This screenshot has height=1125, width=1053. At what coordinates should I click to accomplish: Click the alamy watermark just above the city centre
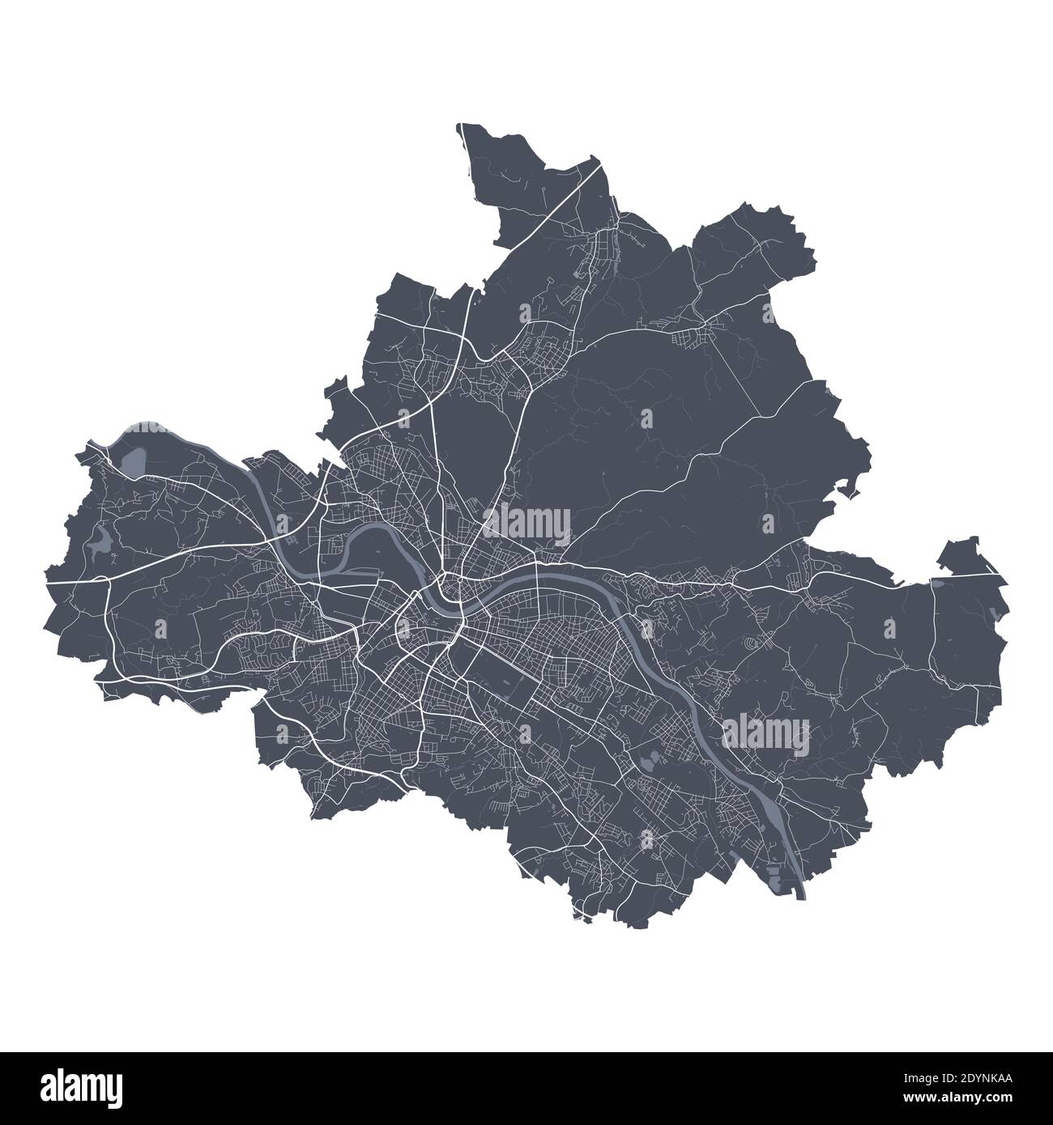click(x=526, y=524)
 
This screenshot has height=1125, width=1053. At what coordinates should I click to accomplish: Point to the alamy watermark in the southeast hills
click(x=765, y=735)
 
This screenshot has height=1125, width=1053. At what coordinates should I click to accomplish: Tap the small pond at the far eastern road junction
click(x=937, y=582)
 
